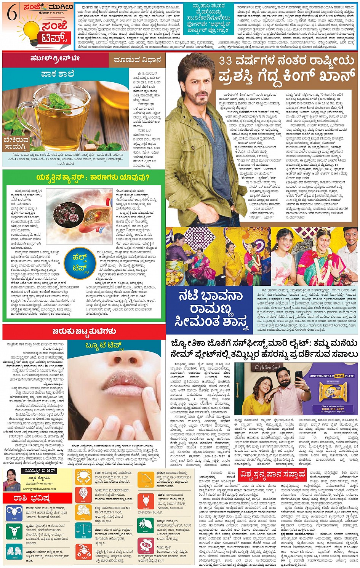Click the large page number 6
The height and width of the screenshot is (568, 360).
point(11,13)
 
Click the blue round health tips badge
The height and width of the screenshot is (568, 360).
point(80,262)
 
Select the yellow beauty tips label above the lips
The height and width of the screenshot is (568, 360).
point(104,346)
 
